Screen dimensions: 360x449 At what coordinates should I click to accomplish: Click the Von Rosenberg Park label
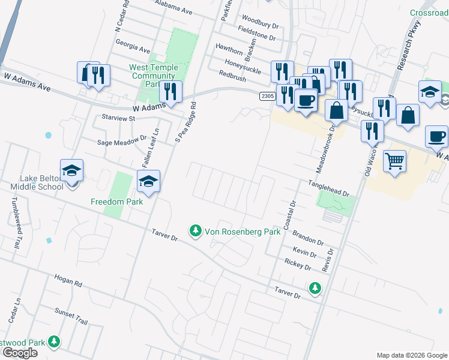(243, 232)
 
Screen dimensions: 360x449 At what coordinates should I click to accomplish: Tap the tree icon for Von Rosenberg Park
(195, 230)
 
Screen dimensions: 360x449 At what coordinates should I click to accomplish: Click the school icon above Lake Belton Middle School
(71, 170)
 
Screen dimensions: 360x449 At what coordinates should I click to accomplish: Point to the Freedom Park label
(116, 202)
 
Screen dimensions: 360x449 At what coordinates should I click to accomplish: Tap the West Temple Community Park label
(153, 76)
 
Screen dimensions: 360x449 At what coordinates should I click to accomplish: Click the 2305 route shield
(268, 96)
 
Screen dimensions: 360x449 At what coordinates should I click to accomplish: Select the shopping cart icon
(394, 161)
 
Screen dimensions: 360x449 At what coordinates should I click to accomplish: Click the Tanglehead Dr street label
(328, 189)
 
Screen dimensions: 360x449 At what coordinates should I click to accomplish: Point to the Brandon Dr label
(308, 239)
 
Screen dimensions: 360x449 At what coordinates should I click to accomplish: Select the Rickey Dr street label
(298, 264)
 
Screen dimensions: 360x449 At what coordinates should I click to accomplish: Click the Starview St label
(119, 118)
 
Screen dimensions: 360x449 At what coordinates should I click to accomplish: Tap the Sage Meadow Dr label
(122, 142)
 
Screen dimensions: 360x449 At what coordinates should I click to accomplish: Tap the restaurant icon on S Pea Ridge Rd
(171, 92)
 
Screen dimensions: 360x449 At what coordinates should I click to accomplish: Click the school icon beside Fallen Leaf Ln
(148, 181)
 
